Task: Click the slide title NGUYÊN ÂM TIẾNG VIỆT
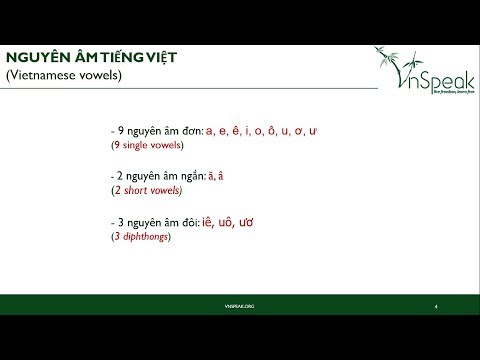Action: pyautogui.click(x=92, y=56)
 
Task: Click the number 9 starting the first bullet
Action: pyautogui.click(x=121, y=131)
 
